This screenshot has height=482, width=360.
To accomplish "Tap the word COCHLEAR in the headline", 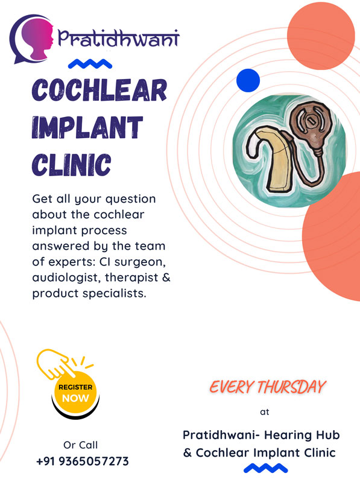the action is [x=99, y=90].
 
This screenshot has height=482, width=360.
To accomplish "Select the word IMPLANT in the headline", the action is [x=87, y=127].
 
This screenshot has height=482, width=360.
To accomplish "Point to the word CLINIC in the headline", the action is [x=71, y=165].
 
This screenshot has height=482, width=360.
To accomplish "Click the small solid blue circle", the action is [x=248, y=81].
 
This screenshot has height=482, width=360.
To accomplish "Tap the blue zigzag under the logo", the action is [x=90, y=64].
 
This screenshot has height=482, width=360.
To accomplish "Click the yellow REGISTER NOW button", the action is [x=75, y=393].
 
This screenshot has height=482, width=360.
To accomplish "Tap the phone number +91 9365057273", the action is [x=83, y=461].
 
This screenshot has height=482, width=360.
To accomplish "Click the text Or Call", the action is [x=80, y=445].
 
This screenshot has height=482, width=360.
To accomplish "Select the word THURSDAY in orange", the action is [x=291, y=387].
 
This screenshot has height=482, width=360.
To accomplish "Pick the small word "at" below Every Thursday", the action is [x=265, y=412].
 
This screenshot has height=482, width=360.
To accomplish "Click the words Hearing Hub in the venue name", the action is [x=302, y=436].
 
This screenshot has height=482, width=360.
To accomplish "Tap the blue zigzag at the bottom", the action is [x=266, y=468].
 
